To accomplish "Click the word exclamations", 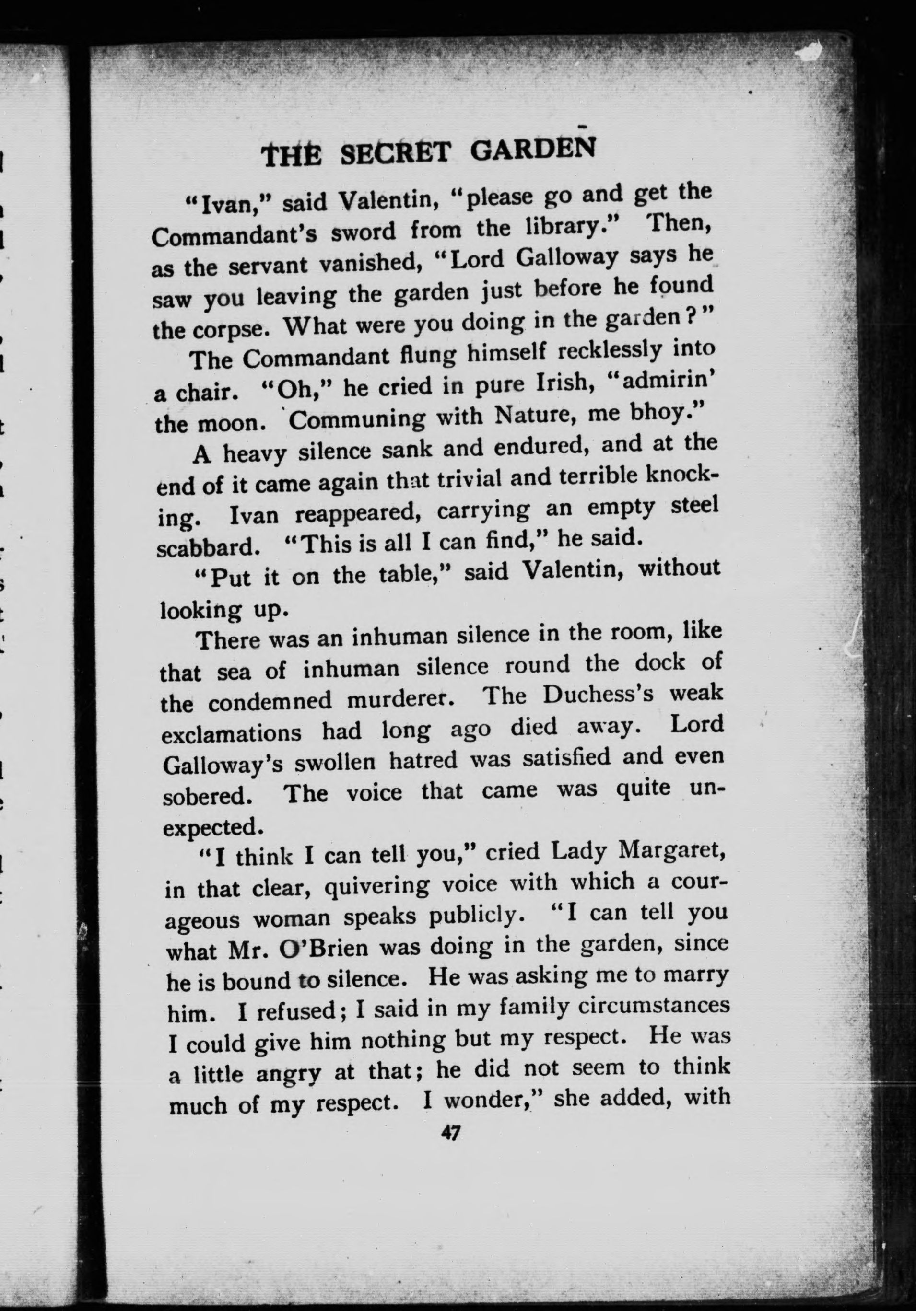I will (x=231, y=733).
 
